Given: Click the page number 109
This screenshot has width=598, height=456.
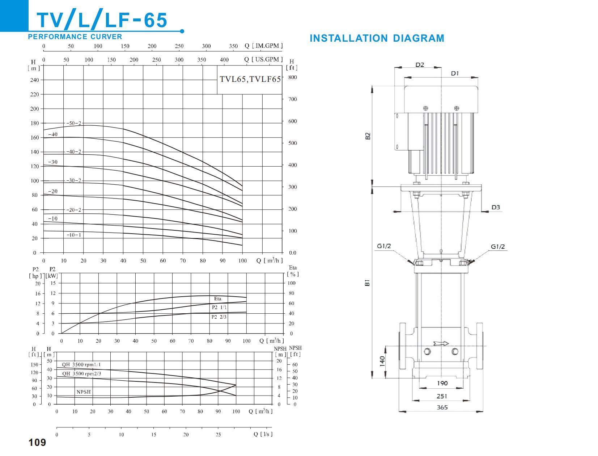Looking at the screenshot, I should [x=37, y=443].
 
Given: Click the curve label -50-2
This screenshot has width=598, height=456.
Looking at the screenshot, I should [x=74, y=123].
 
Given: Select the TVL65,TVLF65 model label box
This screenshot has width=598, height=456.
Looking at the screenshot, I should [x=250, y=80].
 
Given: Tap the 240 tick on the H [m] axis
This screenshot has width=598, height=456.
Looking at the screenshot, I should [x=34, y=80].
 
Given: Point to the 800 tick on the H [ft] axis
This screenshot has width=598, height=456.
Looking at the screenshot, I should [x=293, y=78].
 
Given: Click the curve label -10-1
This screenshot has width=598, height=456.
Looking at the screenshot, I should [x=74, y=235].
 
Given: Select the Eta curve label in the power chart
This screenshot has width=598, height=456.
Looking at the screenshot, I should [x=217, y=299].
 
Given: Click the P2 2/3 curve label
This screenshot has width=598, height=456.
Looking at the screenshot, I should [x=219, y=317].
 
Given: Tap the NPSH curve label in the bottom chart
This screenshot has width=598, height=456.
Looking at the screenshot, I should [x=84, y=392].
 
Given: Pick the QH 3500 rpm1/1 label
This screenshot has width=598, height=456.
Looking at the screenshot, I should [x=81, y=365].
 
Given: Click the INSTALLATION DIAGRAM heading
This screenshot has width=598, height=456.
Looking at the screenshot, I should [x=377, y=38].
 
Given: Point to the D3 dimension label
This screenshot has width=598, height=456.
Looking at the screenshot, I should [x=496, y=208].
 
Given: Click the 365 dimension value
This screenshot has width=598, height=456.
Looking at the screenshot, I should [x=442, y=407].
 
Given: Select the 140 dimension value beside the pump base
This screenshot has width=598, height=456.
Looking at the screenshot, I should [x=382, y=361].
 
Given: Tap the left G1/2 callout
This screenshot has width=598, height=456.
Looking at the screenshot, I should [x=384, y=246].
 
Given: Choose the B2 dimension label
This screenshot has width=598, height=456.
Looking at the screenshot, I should [x=368, y=136].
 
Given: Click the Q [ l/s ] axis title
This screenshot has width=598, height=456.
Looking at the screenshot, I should [x=263, y=434].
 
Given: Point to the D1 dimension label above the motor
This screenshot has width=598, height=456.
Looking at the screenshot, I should [x=455, y=74].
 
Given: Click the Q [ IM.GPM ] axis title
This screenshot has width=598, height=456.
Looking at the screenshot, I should [x=263, y=46].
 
